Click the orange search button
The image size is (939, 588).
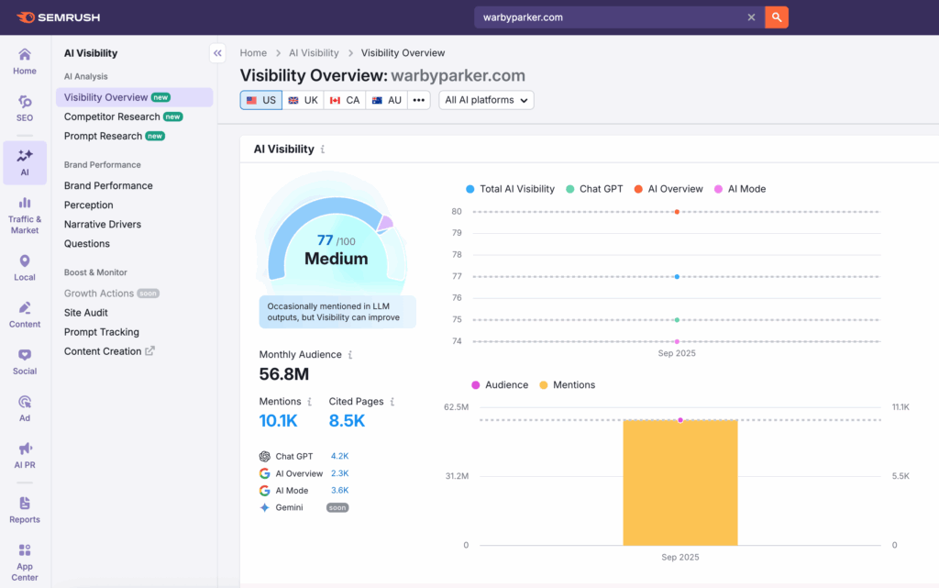coord(777,17)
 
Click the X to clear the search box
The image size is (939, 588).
coord(751,17)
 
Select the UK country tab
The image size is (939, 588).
coord(303,100)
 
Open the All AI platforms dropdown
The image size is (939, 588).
coord(486,100)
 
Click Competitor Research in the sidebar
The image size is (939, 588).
coord(113,116)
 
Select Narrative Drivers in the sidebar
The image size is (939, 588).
coord(102,224)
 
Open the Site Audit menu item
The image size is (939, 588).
coord(86,313)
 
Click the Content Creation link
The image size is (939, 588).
coord(103,351)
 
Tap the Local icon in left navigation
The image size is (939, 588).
coord(25,268)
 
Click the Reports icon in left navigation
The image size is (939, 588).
coord(25,509)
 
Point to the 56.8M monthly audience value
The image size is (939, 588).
coord(283,374)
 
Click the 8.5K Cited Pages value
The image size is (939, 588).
coord(347,421)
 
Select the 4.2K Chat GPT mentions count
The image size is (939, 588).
coord(339,456)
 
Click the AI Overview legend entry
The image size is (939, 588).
coord(675,189)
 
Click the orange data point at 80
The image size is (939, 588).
coord(677,212)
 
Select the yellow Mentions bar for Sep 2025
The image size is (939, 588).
coord(679,483)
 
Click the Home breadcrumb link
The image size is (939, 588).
coord(253,53)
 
